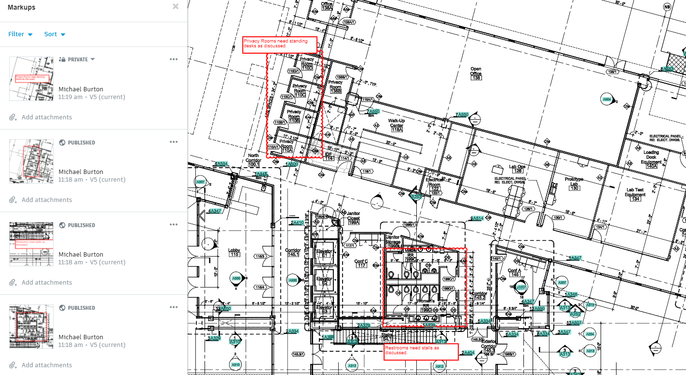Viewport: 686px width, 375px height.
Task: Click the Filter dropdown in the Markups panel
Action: point(20,34)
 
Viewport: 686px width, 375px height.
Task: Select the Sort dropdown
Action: point(55,34)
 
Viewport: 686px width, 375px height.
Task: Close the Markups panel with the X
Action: point(176,7)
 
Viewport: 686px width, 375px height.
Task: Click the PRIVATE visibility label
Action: point(78,59)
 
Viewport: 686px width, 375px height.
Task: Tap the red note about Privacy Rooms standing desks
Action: point(279,44)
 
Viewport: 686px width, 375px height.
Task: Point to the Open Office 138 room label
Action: point(476,73)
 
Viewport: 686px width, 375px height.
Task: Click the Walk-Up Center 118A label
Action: point(397,125)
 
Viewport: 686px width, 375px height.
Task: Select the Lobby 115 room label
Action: point(234,252)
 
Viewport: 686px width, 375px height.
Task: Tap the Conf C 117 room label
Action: point(361,263)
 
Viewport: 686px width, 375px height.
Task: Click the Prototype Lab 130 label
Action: point(574,184)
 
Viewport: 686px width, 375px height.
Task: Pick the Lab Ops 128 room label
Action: point(518,169)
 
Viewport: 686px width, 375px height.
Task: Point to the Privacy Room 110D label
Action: point(307,64)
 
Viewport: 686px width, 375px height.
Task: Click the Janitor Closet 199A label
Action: point(354,218)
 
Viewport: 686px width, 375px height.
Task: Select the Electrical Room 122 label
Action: point(435,184)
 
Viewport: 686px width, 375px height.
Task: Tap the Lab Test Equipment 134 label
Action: point(636,194)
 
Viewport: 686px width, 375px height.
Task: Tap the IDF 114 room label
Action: point(329,156)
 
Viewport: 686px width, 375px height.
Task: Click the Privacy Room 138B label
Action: point(335,86)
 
